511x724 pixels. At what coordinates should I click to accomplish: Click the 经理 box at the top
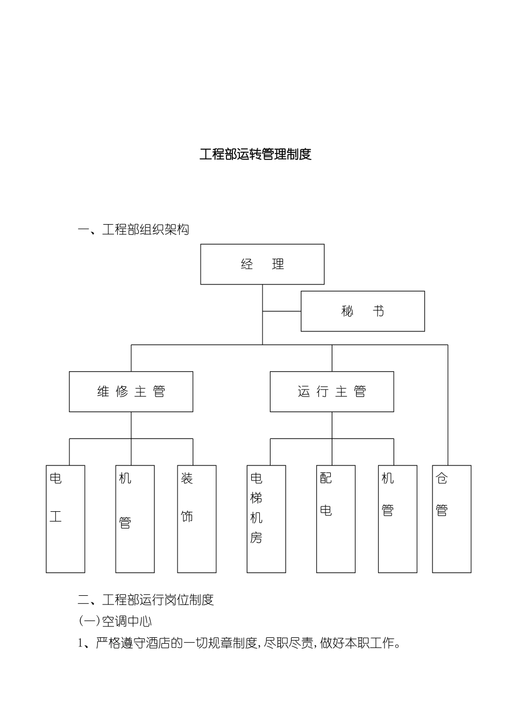pos(262,264)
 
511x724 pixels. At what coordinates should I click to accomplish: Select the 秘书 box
pos(363,311)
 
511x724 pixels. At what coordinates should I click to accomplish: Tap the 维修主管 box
pos(131,392)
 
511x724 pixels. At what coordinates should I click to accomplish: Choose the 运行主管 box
pos(331,392)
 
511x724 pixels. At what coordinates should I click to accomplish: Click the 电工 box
pos(66,518)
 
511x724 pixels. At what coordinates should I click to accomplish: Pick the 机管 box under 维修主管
pos(135,518)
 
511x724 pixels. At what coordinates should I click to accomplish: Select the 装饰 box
pos(197,518)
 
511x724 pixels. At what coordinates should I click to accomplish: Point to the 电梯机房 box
pos(266,518)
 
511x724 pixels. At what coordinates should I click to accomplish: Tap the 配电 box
pos(336,518)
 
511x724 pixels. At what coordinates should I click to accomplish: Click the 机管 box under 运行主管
pos(398,518)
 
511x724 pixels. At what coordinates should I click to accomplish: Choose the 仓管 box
pos(452,518)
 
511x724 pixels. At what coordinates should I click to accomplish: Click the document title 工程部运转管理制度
pos(256,154)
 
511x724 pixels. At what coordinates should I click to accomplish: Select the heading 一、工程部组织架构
pos(133,229)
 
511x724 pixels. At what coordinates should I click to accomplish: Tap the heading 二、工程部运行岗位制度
pos(146,600)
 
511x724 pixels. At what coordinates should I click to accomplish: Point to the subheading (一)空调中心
pos(116,621)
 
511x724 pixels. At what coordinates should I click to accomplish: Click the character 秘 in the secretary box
pos(347,311)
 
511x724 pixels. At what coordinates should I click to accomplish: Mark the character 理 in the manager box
pos(278,264)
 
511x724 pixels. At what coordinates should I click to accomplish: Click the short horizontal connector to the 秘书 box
pos(281,311)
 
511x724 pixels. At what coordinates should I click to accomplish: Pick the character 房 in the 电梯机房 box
pos(256,538)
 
